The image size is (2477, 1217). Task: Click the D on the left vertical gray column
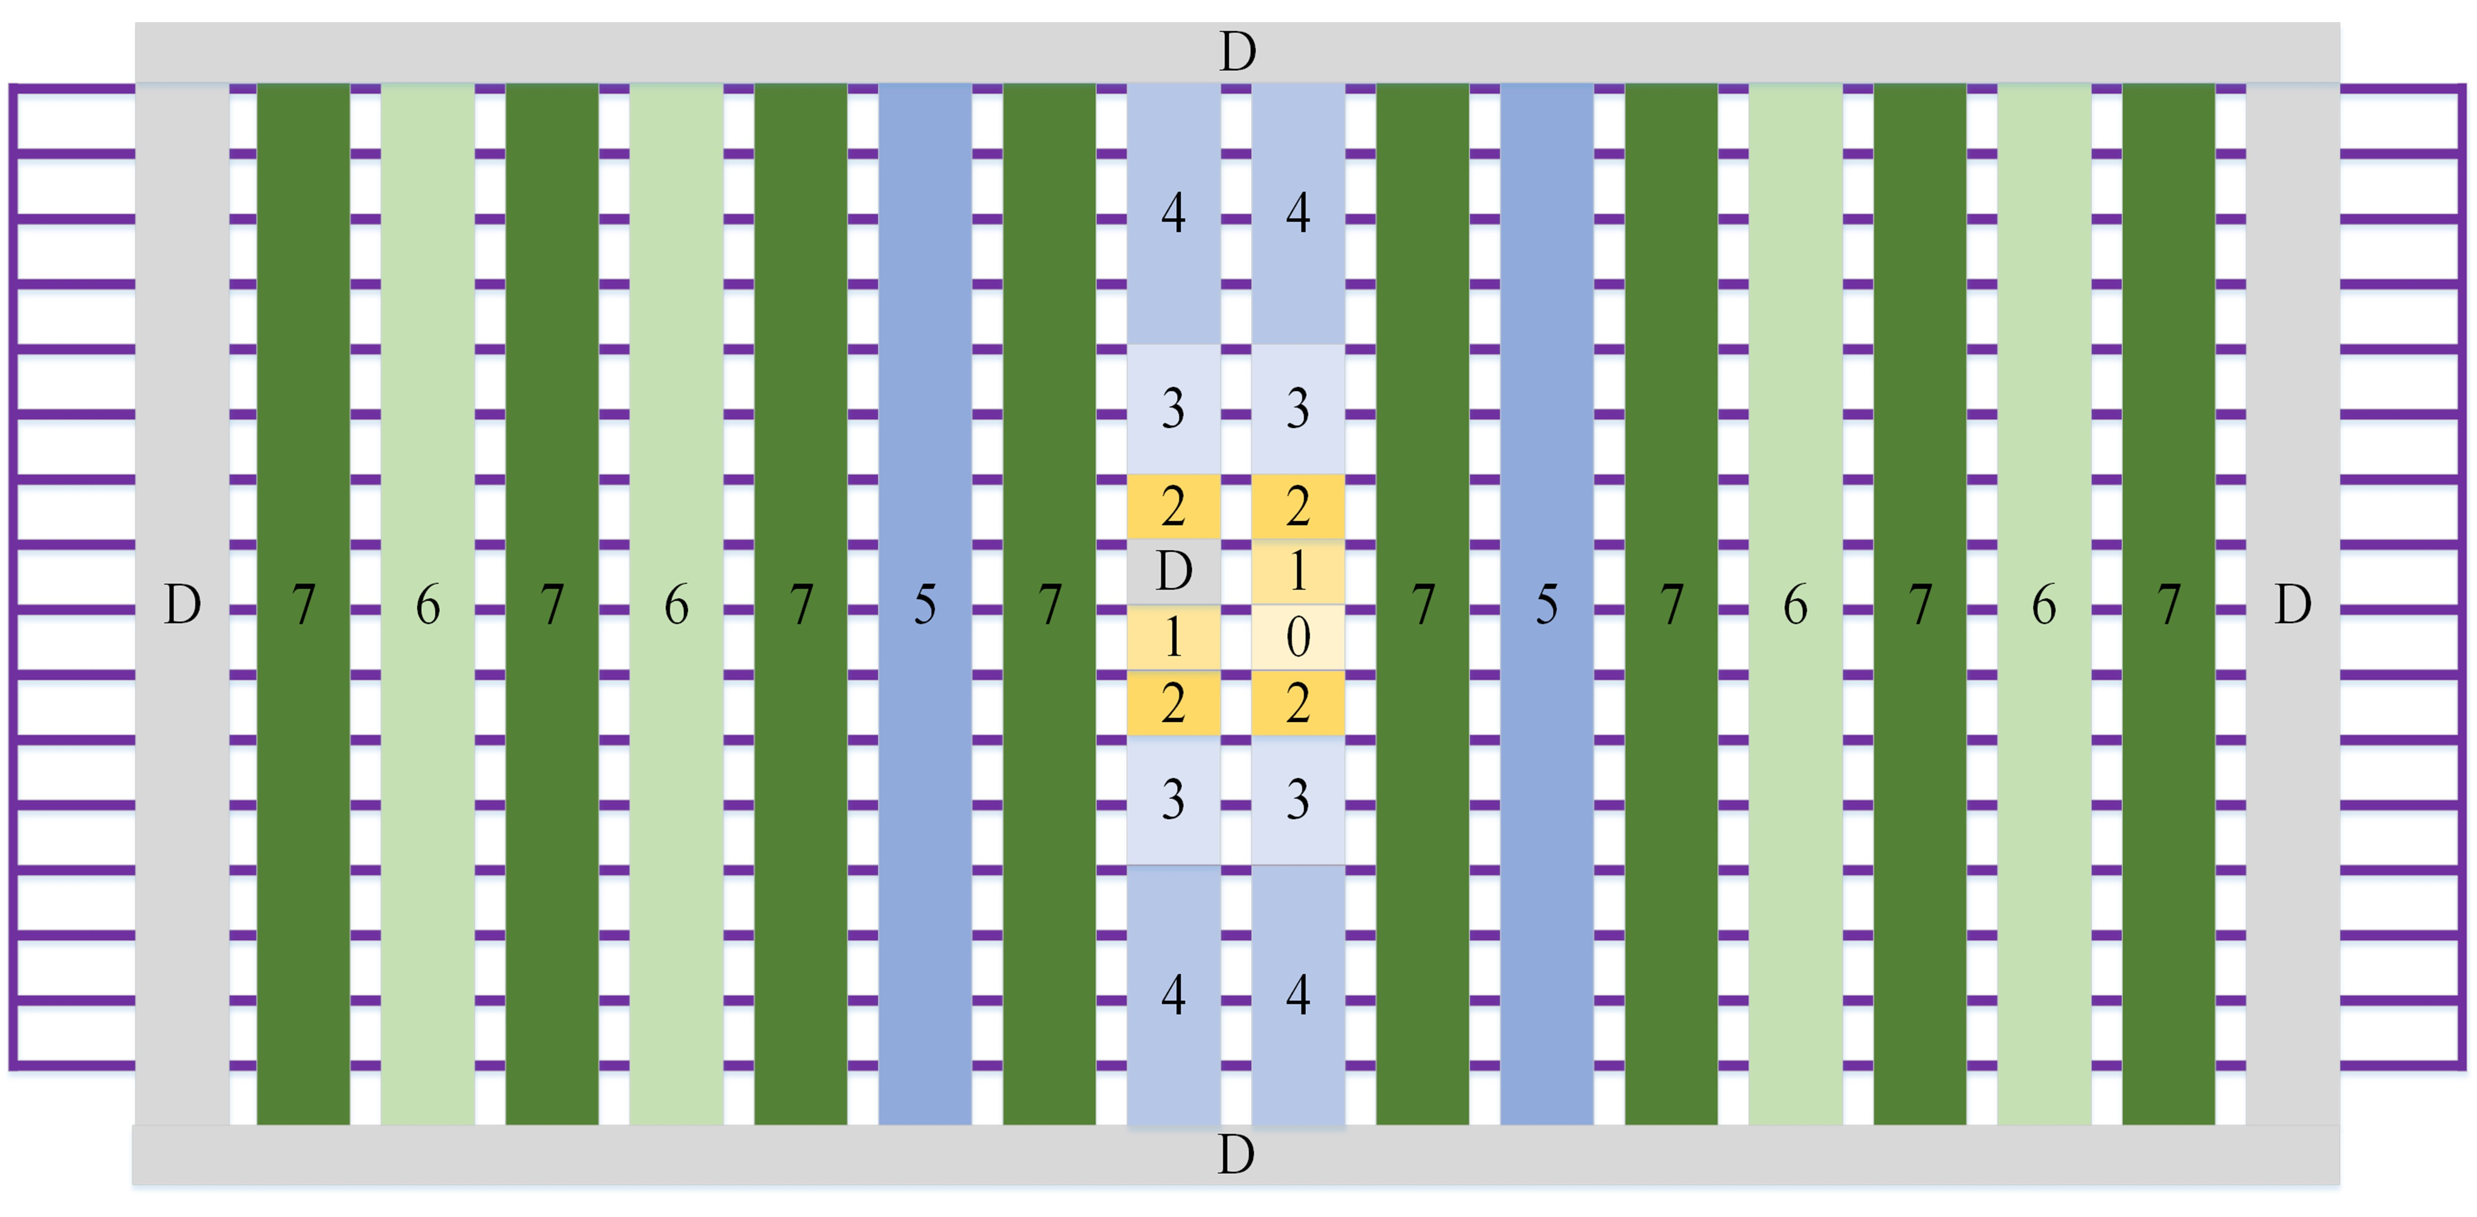[183, 605]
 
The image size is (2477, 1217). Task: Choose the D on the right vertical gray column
[2293, 605]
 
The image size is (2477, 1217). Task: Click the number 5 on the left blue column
[925, 605]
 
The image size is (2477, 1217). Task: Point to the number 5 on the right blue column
[1546, 605]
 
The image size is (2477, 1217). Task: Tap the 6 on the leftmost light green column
[428, 605]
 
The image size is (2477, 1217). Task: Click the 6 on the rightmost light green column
[2044, 605]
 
